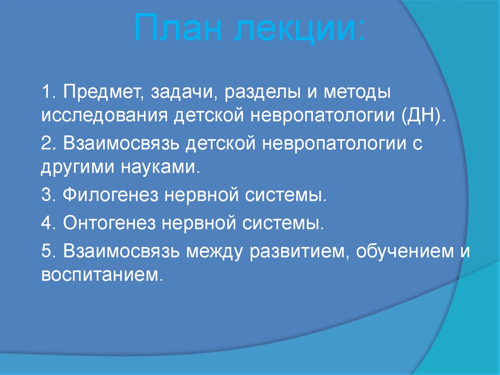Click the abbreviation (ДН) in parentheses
pyautogui.click(x=423, y=117)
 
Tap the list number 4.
pyautogui.click(x=47, y=224)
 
